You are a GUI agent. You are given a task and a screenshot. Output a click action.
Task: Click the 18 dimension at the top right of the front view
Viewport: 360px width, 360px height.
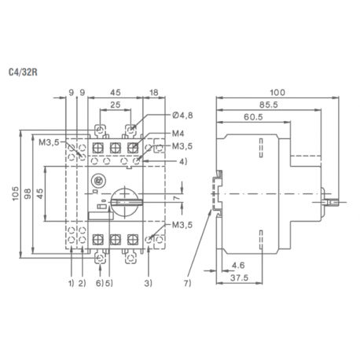point(154,93)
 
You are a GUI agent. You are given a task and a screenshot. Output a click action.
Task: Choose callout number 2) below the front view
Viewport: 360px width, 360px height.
point(81,281)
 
